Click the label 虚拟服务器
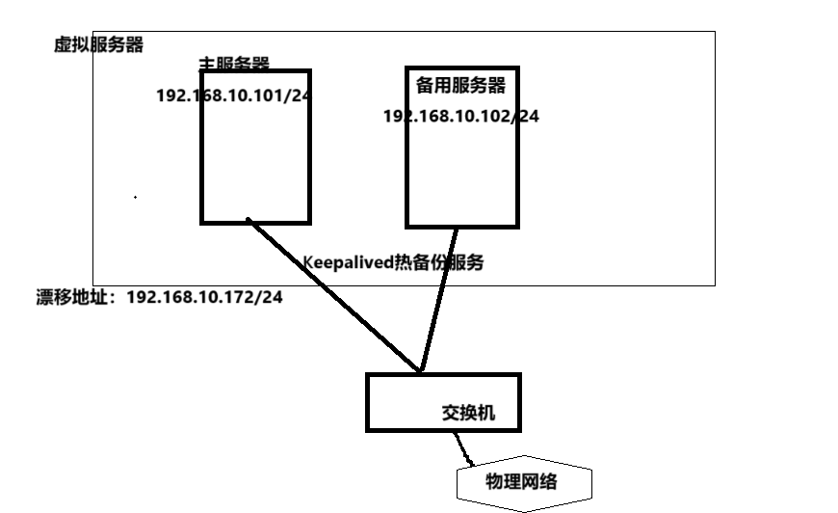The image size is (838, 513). click(98, 45)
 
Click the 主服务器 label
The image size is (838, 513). click(234, 65)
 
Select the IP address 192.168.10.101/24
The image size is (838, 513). click(234, 95)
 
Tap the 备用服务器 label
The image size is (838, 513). click(460, 86)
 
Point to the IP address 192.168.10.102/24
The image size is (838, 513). click(461, 116)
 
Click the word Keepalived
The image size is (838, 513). click(348, 262)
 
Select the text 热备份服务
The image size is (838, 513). click(438, 262)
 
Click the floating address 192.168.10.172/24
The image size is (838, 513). click(204, 297)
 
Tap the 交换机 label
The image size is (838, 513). click(468, 413)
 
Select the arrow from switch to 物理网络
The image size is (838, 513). click(464, 446)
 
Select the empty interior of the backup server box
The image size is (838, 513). click(462, 174)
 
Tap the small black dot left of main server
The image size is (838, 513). click(135, 197)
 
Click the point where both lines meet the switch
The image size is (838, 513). click(421, 371)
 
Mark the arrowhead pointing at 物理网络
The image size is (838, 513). click(470, 460)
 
